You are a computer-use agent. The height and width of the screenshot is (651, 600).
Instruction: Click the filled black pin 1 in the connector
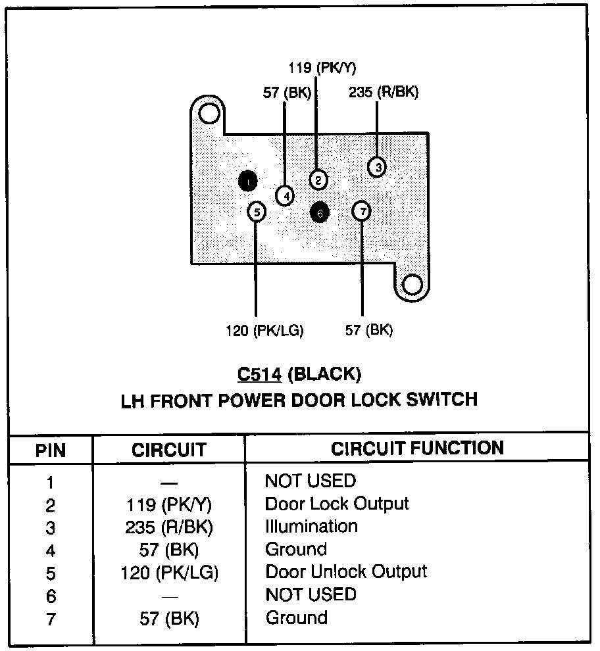247,181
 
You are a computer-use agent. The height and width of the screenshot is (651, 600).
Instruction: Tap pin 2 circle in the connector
318,179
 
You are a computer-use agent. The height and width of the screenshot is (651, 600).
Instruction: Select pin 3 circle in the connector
377,167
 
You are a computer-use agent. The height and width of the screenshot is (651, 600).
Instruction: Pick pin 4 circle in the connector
285,195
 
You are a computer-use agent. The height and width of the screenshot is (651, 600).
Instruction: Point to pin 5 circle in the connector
257,212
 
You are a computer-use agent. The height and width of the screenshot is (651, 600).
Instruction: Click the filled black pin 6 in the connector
320,212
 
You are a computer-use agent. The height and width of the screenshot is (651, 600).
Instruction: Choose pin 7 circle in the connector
362,211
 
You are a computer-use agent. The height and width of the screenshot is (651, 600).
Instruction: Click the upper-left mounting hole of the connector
209,114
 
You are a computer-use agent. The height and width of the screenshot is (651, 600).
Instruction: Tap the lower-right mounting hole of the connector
412,285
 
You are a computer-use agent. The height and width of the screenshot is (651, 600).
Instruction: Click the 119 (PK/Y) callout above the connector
317,68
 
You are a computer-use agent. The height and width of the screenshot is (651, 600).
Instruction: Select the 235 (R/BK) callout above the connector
384,92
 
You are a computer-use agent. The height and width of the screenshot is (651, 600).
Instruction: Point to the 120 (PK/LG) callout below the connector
264,330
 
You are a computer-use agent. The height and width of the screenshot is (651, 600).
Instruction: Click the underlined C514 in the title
260,375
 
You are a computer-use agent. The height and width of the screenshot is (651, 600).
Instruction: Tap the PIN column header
51,450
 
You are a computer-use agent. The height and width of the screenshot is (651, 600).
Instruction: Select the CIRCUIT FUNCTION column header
417,448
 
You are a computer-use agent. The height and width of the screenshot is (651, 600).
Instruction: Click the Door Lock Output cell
337,504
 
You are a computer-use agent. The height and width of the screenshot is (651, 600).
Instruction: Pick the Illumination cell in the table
311,526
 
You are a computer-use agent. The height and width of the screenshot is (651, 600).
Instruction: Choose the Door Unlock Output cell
346,571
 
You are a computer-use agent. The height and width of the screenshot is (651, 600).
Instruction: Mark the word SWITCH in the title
439,398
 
